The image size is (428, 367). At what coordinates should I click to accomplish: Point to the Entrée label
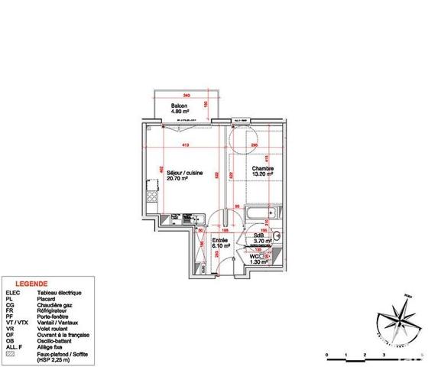219,240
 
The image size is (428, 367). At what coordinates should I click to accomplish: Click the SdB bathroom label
261,235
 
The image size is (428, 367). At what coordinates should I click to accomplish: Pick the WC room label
255,255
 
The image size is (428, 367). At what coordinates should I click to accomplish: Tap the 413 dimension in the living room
185,146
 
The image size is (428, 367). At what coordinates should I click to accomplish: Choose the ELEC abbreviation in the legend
13,293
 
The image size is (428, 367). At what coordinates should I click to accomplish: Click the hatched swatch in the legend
9,354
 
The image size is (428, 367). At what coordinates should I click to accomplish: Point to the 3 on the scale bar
384,356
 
